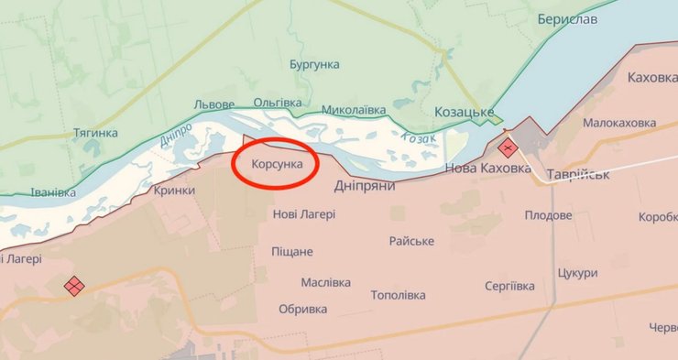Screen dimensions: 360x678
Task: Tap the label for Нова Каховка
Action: [487, 169]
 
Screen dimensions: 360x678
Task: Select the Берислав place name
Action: [568, 20]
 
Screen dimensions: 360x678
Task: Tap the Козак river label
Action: [418, 136]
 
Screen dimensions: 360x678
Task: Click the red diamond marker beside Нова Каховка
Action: [506, 148]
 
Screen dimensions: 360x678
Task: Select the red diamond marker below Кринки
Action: [74, 286]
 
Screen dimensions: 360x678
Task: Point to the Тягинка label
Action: [95, 133]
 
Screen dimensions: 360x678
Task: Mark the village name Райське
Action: [411, 241]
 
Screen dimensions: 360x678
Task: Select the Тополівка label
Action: [398, 296]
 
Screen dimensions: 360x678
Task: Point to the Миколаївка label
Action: [354, 110]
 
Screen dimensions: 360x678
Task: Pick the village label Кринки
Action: [175, 190]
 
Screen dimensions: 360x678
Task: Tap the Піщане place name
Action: [292, 252]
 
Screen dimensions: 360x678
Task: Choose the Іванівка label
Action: [53, 192]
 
